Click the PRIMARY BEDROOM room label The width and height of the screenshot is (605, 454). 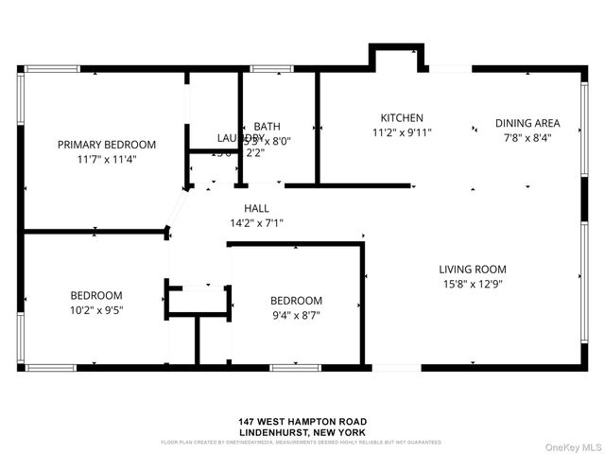pyautogui.click(x=106, y=145)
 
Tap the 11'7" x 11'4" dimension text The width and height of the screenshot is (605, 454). pyautogui.click(x=106, y=159)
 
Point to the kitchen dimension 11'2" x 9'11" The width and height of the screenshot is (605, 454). pyautogui.click(x=402, y=133)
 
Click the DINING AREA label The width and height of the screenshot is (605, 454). pyautogui.click(x=527, y=123)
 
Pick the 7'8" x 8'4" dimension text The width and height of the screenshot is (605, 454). pyautogui.click(x=527, y=137)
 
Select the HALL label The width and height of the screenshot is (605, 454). pyautogui.click(x=256, y=208)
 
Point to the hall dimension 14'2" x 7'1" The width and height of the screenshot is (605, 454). pyautogui.click(x=256, y=223)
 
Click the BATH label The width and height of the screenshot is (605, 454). pyautogui.click(x=267, y=126)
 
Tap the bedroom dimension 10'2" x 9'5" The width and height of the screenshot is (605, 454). pyautogui.click(x=95, y=308)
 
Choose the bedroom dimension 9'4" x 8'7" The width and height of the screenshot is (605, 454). pyautogui.click(x=296, y=315)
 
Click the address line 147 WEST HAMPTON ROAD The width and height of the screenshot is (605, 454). pyautogui.click(x=302, y=422)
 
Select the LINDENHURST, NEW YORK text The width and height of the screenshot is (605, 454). pyautogui.click(x=302, y=431)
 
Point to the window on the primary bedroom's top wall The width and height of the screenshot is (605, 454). pyautogui.click(x=52, y=68)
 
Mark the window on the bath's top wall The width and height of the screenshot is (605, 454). pyautogui.click(x=271, y=68)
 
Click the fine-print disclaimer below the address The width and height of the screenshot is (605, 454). pyautogui.click(x=302, y=442)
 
